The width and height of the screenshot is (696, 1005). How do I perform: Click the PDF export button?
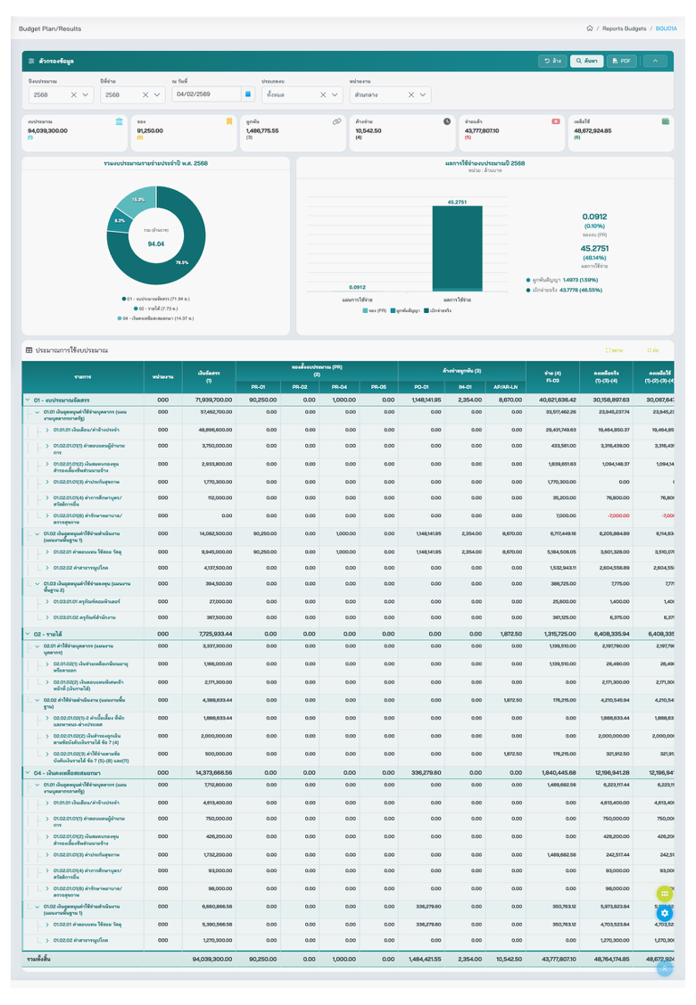(x=621, y=61)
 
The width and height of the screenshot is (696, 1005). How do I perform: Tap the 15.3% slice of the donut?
(x=137, y=201)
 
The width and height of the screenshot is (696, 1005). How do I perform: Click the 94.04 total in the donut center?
(x=155, y=243)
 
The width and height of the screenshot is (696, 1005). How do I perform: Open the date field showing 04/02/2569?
(x=205, y=94)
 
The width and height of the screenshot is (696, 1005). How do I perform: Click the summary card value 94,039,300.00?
(x=54, y=130)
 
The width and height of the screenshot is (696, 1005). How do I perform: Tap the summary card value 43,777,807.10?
(x=482, y=130)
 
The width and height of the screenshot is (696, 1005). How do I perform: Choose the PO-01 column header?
(x=421, y=387)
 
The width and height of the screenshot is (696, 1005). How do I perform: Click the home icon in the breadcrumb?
(x=590, y=29)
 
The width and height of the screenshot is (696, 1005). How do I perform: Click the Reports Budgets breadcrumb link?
(x=624, y=29)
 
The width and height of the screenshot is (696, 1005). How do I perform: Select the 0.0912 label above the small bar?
(x=357, y=287)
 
